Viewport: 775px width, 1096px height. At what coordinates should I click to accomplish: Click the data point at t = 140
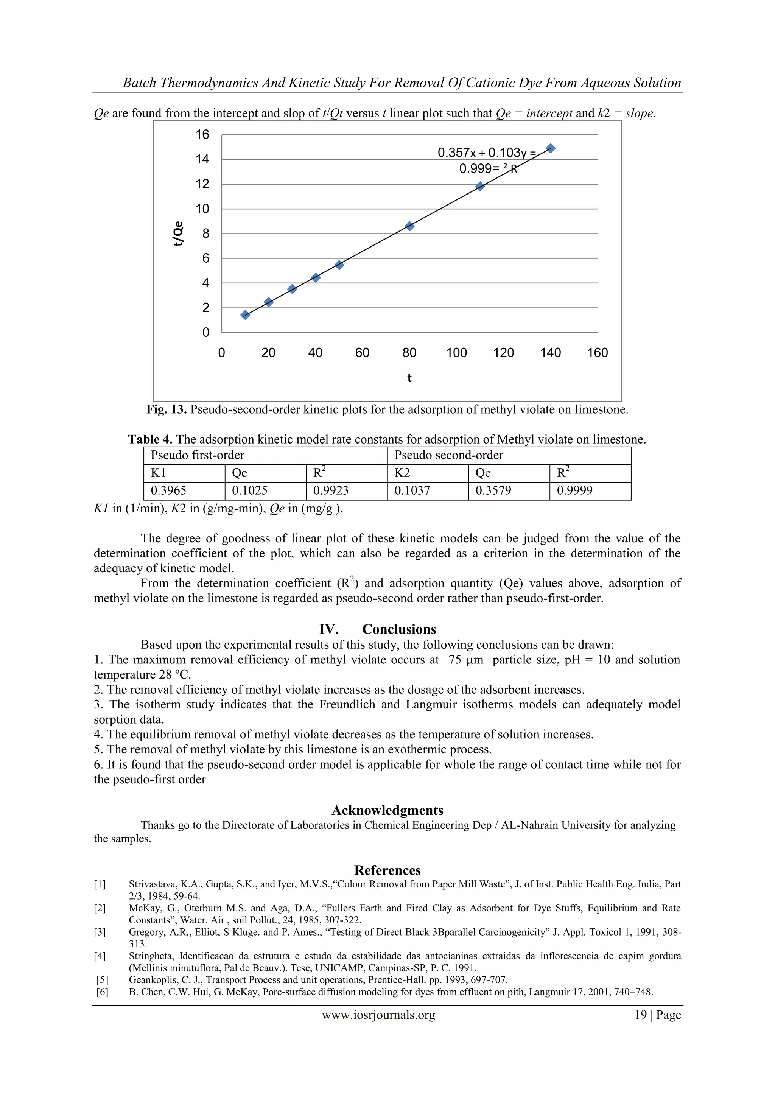550,148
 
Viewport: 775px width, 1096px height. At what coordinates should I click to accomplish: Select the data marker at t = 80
409,226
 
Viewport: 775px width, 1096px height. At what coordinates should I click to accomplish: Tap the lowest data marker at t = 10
245,314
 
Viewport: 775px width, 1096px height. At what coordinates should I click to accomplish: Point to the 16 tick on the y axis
202,135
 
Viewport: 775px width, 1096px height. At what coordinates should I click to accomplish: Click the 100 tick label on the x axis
456,353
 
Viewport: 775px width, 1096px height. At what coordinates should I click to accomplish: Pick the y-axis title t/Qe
178,234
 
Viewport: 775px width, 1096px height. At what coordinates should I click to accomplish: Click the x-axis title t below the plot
409,378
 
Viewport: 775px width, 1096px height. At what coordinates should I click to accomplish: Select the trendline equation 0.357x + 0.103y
487,153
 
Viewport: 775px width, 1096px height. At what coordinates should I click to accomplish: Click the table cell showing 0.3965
168,491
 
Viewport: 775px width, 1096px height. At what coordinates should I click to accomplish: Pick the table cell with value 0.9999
574,491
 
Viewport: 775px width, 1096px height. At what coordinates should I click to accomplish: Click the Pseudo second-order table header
448,455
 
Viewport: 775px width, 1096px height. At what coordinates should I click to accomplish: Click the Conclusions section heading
399,629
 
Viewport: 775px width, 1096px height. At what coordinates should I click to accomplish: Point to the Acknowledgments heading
387,810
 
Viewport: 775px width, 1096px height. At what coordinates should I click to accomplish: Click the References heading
387,870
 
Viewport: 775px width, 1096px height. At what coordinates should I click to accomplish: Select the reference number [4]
100,956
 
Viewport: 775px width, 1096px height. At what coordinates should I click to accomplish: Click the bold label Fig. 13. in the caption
167,409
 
